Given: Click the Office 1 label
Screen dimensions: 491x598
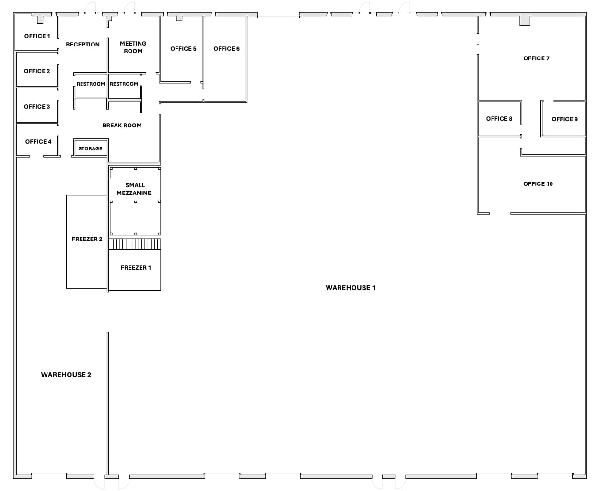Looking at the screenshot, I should click(x=37, y=36).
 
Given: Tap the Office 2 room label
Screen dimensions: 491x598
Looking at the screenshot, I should click(x=37, y=71).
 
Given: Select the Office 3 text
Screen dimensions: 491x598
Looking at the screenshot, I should click(x=37, y=107).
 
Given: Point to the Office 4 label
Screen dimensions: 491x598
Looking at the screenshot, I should click(x=38, y=142).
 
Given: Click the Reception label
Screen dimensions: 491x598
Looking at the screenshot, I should click(x=82, y=45).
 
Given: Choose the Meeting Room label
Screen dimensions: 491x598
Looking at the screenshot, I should click(x=133, y=47).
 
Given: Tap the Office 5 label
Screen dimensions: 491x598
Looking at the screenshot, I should click(x=183, y=49).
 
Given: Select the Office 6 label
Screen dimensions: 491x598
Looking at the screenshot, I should click(x=226, y=49).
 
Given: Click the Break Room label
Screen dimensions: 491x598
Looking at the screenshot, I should click(x=122, y=126).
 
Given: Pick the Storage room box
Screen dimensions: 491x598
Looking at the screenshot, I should click(x=91, y=148).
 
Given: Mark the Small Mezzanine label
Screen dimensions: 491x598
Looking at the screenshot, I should click(x=134, y=189).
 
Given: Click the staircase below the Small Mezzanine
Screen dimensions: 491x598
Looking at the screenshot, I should click(x=135, y=244).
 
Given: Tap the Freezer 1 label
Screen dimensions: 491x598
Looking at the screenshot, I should click(x=136, y=268).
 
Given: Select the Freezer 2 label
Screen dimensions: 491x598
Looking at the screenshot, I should click(x=87, y=239).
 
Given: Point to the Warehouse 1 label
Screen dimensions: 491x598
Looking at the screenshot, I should click(x=350, y=288).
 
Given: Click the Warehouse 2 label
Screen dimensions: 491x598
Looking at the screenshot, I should click(x=66, y=375).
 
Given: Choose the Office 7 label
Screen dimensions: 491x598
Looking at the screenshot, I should click(x=536, y=58).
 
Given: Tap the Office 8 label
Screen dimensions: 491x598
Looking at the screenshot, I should click(x=499, y=119).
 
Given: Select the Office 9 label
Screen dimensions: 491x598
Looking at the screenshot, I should click(x=564, y=119).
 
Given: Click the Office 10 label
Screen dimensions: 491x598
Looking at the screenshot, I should click(x=538, y=184).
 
